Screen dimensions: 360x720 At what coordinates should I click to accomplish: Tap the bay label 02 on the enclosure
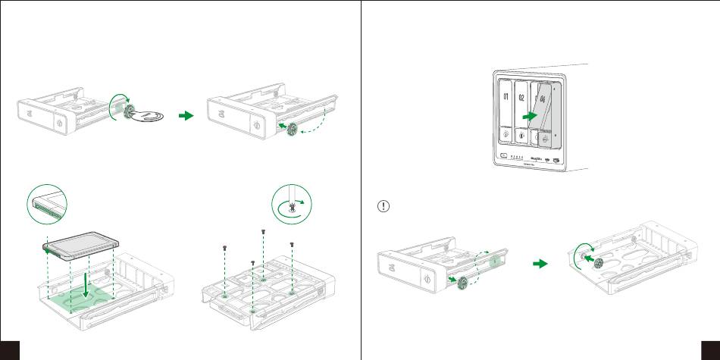pyautogui.click(x=522, y=97)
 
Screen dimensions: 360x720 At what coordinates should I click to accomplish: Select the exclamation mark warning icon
pyautogui.click(x=383, y=207)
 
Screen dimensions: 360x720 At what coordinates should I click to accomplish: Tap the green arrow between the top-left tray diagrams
pyautogui.click(x=186, y=117)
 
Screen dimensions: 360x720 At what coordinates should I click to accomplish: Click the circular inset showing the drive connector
pyautogui.click(x=47, y=203)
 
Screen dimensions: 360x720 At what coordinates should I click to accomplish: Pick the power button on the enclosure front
pyautogui.click(x=504, y=157)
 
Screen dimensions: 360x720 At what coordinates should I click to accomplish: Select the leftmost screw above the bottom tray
pyautogui.click(x=225, y=248)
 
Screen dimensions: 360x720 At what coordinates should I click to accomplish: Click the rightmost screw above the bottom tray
pyautogui.click(x=292, y=245)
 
